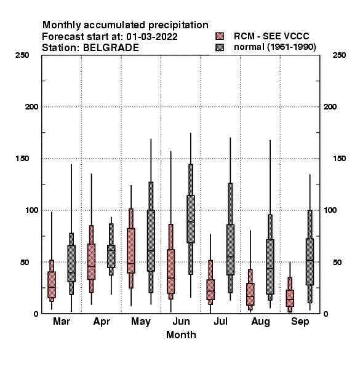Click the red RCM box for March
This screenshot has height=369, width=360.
[52, 285]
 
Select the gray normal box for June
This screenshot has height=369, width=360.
[191, 219]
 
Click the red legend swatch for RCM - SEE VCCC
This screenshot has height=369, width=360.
[220, 36]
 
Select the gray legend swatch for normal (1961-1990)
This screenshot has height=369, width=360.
[220, 47]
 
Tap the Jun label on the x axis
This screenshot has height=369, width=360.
[181, 322]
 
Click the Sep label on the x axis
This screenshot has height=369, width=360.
[300, 322]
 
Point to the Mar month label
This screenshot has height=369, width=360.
[62, 322]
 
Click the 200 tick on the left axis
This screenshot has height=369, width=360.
[31, 107]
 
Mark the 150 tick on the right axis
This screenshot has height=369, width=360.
[339, 159]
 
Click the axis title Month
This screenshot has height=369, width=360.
[181, 335]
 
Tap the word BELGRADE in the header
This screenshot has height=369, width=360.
[111, 48]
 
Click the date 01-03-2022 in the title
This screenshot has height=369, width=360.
[152, 37]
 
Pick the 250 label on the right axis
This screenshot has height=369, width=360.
[339, 55]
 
